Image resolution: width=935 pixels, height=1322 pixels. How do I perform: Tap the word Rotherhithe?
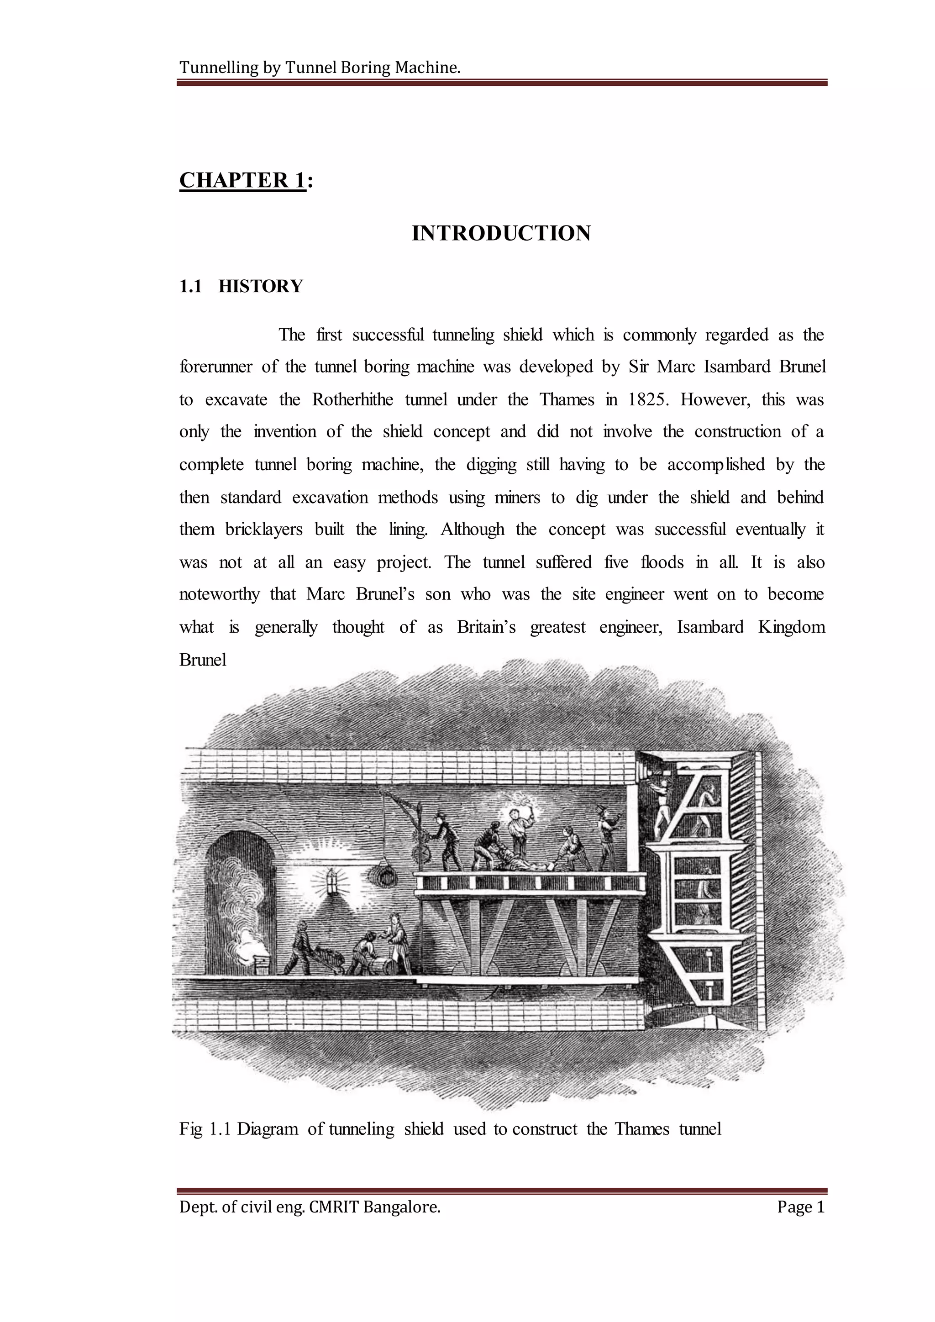pyautogui.click(x=352, y=399)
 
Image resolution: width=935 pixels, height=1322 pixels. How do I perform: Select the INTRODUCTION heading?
pyautogui.click(x=501, y=233)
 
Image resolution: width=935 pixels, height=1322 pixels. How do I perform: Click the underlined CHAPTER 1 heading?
pyautogui.click(x=242, y=180)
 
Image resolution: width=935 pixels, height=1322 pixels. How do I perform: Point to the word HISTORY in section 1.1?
pyautogui.click(x=260, y=286)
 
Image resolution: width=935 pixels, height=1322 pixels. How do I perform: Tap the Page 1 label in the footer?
pyautogui.click(x=800, y=1207)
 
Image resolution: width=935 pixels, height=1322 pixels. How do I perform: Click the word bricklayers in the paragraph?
pyautogui.click(x=264, y=529)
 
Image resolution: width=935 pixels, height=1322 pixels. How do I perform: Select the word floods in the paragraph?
pyautogui.click(x=662, y=562)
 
